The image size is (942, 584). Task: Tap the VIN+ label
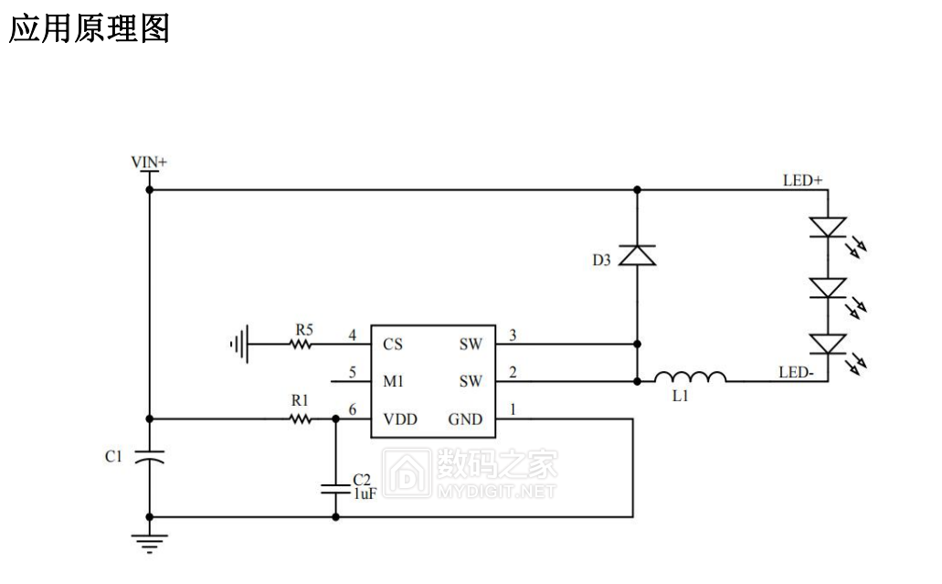pos(149,162)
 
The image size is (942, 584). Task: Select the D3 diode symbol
pos(637,255)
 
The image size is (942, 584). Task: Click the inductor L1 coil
pos(690,377)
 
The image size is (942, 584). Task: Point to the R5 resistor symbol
pos(301,345)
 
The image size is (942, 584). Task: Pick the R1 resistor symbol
pos(301,419)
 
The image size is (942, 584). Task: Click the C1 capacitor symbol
pos(149,457)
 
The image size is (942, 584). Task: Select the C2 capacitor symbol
pos(335,489)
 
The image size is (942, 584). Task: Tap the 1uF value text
pos(365,494)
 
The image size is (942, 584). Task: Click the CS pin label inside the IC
pos(393,345)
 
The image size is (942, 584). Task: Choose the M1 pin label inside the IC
pos(393,381)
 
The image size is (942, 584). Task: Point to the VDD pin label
pos(400,419)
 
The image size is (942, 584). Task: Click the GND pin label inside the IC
pos(465,419)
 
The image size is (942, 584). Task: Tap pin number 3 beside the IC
pos(513,335)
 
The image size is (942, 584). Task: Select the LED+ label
pos(802,180)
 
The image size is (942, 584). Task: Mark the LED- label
pos(796,373)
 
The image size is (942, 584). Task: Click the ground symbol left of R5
pos(239,345)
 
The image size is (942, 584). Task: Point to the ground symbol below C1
pos(149,543)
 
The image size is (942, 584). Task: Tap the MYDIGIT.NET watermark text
pos(496,492)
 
